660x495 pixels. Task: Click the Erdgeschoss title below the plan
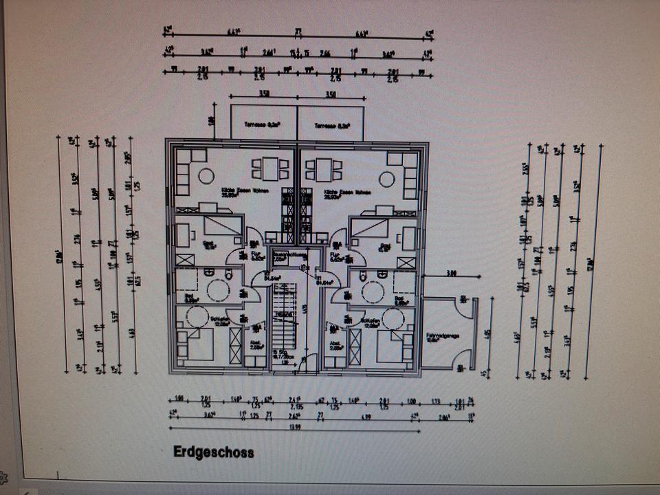213,452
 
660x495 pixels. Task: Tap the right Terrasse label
331,126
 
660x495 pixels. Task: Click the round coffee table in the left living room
206,176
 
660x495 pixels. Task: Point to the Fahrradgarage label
442,337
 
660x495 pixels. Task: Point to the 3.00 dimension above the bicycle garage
452,274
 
